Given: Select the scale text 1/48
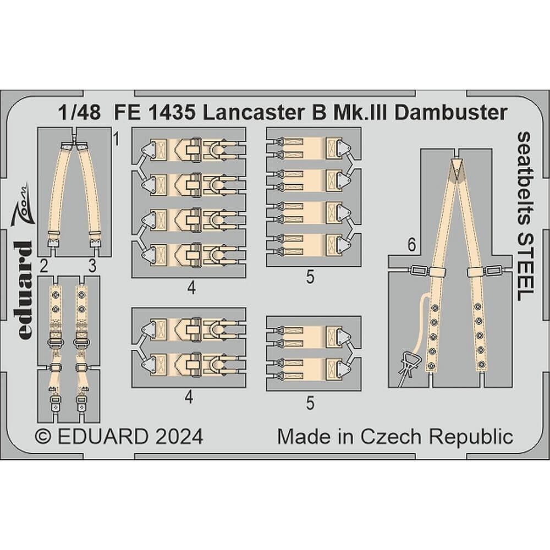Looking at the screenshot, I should pyautogui.click(x=75, y=112).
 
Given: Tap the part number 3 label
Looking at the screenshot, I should pyautogui.click(x=92, y=266).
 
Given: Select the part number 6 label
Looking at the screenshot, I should pyautogui.click(x=411, y=248).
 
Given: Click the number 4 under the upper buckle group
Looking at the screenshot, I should pyautogui.click(x=189, y=286).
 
